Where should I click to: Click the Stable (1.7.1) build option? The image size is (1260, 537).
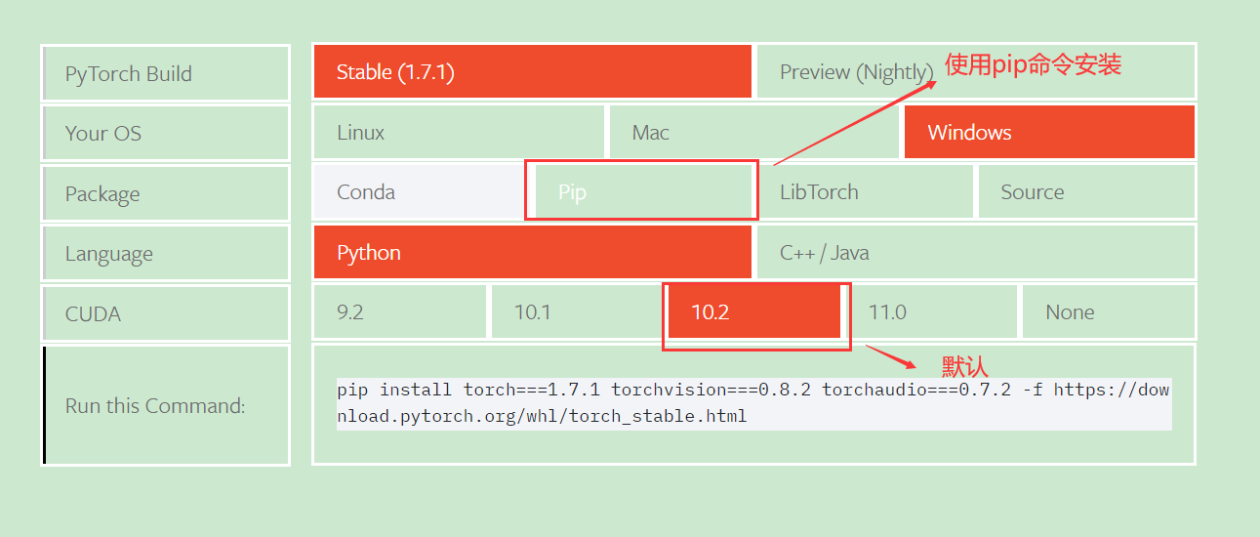click(x=532, y=71)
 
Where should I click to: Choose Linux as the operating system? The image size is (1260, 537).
click(x=458, y=132)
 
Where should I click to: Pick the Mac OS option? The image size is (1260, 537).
click(x=753, y=132)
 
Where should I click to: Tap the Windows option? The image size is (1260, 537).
click(x=1049, y=132)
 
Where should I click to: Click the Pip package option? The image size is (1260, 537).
click(x=640, y=191)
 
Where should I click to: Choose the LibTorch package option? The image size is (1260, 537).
click(x=865, y=191)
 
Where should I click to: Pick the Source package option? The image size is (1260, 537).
click(x=1086, y=191)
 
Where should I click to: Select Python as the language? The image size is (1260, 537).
click(x=532, y=252)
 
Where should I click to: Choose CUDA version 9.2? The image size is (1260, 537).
click(x=399, y=311)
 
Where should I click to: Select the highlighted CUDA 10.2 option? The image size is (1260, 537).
click(x=753, y=311)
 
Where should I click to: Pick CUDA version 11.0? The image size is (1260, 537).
click(x=931, y=311)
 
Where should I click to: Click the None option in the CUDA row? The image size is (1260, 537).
click(x=1109, y=311)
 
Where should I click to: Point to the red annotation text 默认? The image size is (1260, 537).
click(x=964, y=367)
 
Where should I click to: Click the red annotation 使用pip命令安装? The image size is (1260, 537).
click(x=1033, y=64)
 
